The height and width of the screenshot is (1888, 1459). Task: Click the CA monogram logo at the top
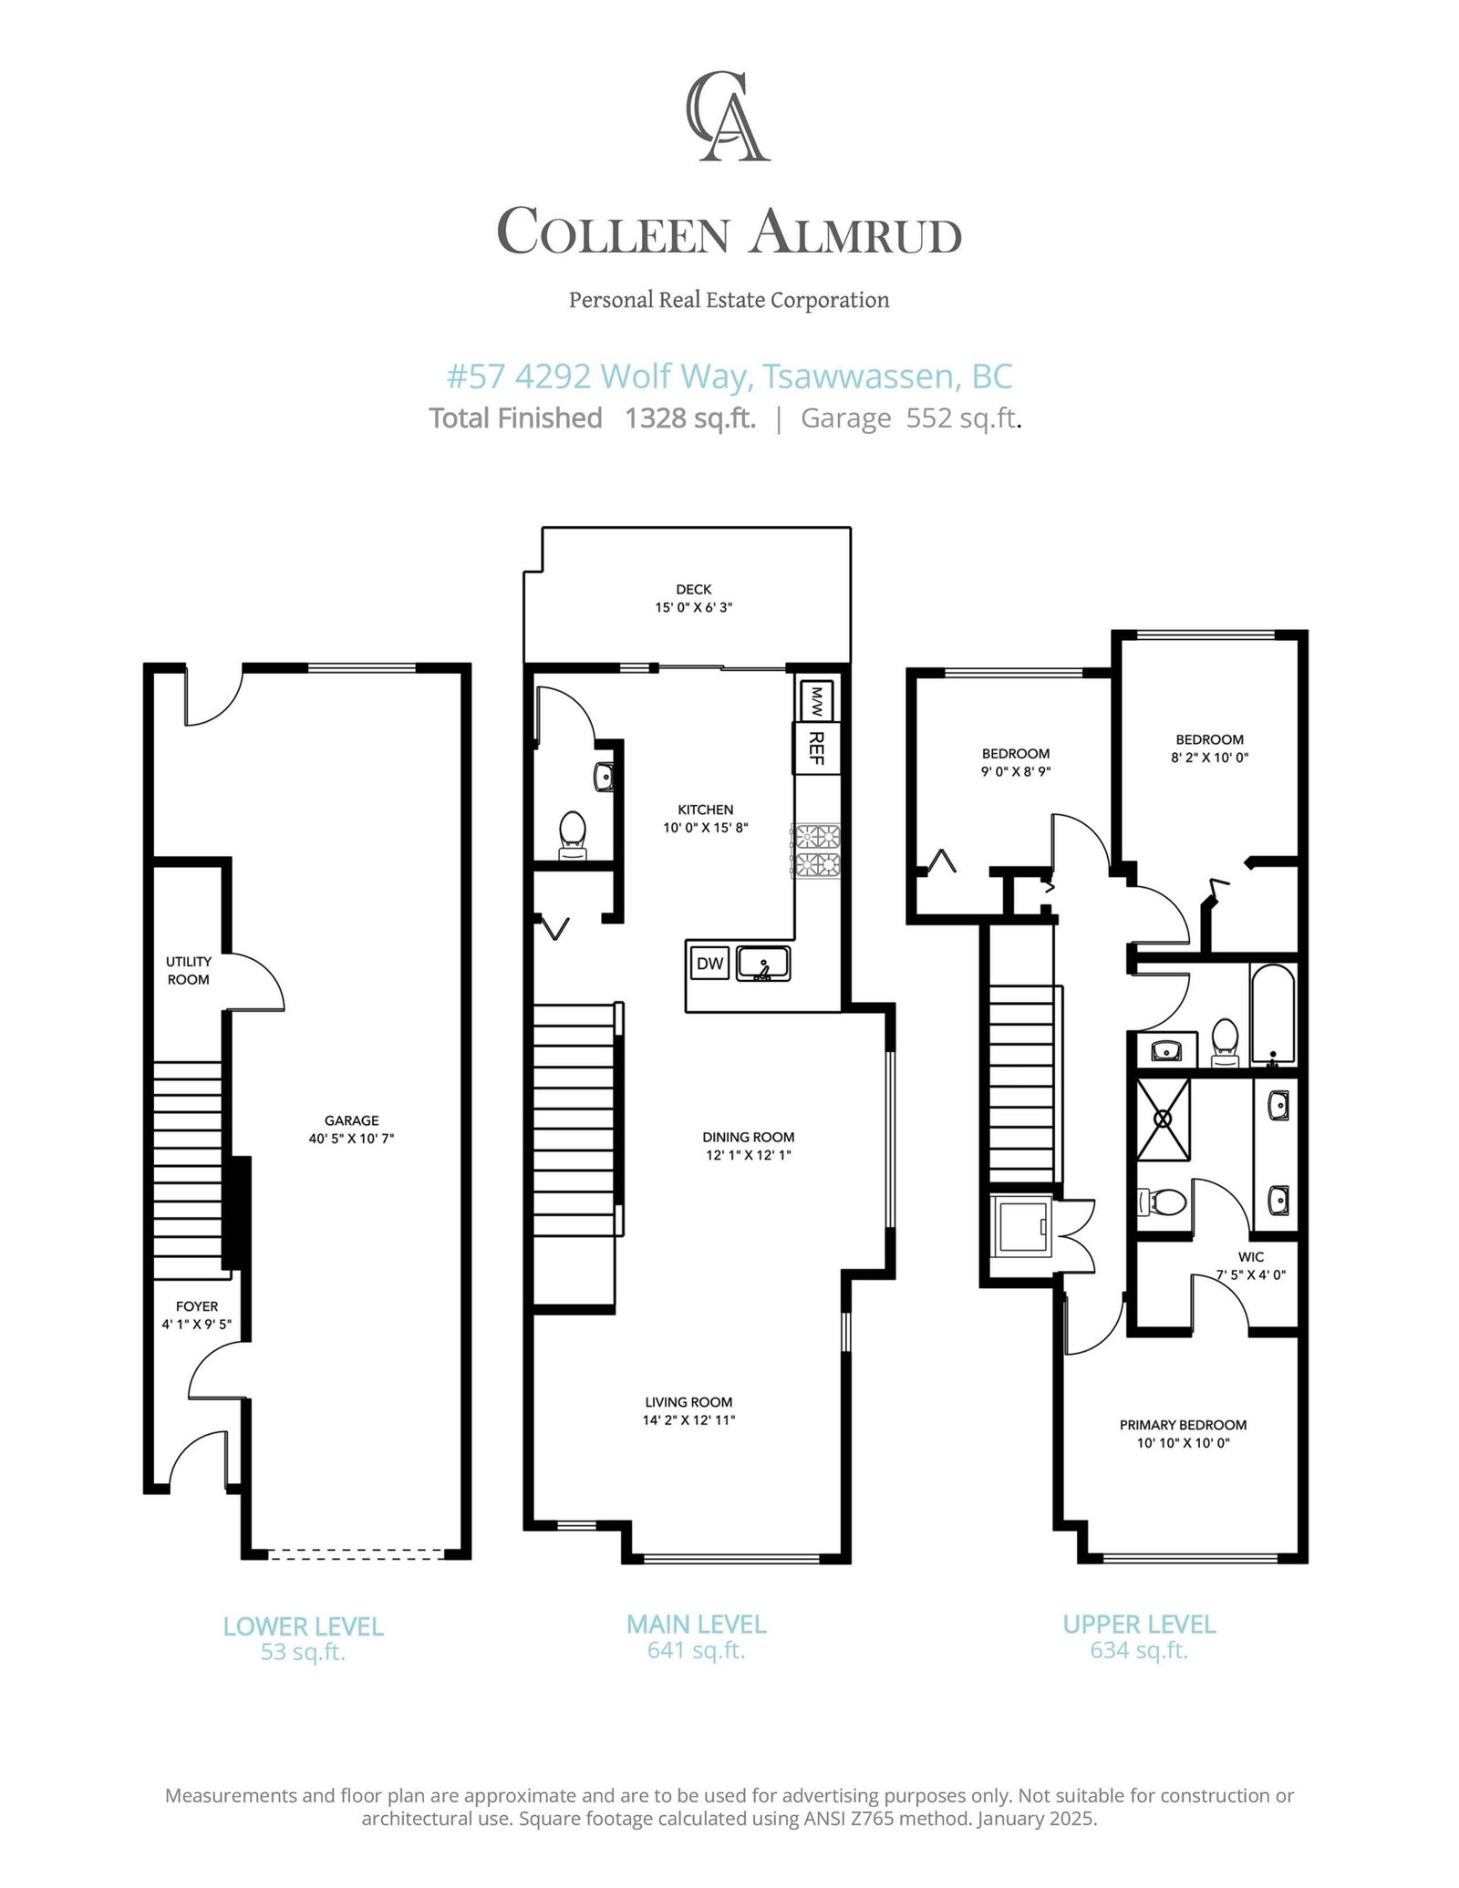[729, 117]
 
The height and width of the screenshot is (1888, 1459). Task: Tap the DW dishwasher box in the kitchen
[709, 964]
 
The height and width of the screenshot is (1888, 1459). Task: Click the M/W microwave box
[815, 701]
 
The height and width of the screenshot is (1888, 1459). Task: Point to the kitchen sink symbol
[763, 964]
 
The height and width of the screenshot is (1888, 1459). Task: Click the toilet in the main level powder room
[572, 835]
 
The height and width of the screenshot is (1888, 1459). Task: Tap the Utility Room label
[189, 970]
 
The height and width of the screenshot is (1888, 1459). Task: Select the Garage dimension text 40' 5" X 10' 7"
[351, 1139]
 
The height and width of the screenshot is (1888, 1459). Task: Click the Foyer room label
[197, 1306]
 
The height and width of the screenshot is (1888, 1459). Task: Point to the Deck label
[694, 590]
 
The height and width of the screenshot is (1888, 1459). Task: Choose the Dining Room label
[748, 1137]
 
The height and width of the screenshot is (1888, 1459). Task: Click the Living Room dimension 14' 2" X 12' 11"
[688, 1419]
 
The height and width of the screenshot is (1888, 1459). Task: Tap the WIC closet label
[1251, 1257]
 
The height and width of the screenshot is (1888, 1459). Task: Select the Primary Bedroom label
[1183, 1425]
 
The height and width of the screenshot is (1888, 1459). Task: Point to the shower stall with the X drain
[1163, 1119]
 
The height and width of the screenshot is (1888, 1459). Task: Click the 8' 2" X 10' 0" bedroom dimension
[1209, 757]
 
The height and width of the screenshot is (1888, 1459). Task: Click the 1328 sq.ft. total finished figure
[690, 418]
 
